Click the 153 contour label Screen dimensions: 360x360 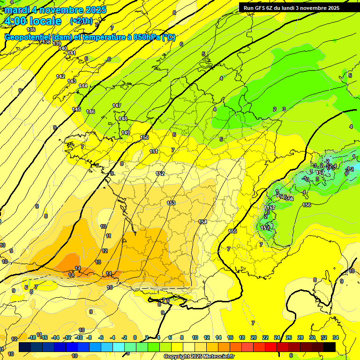pos(171,203)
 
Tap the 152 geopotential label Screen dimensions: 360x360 pos(160,174)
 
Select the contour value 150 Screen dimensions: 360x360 pos(144,137)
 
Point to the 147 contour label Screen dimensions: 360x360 pos(117,105)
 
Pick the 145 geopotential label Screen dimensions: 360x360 pos(76,109)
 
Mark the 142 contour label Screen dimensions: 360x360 pos(60,76)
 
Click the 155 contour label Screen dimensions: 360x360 pos(232,231)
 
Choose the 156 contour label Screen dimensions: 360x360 pos(307,205)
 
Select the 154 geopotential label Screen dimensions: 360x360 pos(202,222)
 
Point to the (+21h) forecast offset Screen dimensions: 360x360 pos(82,21)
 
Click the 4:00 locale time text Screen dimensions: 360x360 pos(33,21)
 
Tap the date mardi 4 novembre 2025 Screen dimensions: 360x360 pos(55,9)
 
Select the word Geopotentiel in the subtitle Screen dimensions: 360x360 pos(27,37)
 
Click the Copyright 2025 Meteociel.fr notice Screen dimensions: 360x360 pos(199,357)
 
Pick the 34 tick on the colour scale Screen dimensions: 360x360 pos(336,337)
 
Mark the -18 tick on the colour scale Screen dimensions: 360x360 pos(32,337)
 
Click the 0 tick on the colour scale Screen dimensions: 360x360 pos(135,337)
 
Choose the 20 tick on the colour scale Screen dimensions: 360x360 pos(254,337)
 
